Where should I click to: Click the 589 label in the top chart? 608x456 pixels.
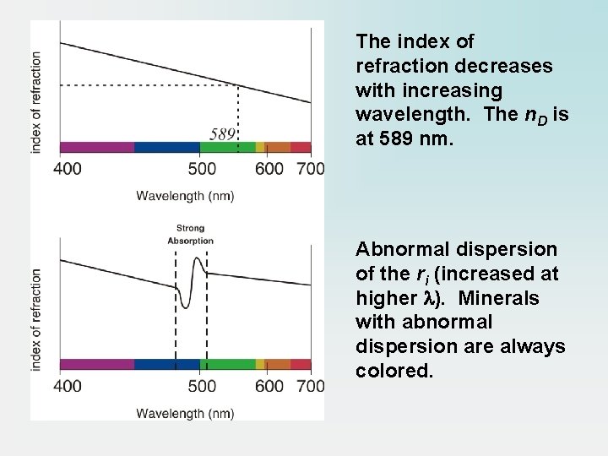[x=222, y=133]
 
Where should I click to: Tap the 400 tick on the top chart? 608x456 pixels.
[x=68, y=169]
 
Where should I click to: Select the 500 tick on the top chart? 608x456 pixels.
[x=202, y=169]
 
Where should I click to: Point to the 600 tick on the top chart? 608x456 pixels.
[x=269, y=169]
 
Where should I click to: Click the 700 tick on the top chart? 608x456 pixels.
[x=310, y=169]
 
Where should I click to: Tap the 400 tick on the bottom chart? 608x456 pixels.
[x=68, y=386]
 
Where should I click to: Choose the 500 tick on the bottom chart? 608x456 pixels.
[x=202, y=386]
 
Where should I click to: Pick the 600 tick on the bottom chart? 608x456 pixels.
[x=269, y=386]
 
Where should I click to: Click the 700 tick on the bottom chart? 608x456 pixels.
[x=310, y=386]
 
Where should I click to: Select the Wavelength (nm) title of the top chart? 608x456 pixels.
[x=185, y=196]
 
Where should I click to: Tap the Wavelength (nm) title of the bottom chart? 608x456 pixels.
[x=185, y=413]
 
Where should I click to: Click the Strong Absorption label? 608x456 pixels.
[x=190, y=234]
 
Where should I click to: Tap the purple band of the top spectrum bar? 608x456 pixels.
[x=96, y=147]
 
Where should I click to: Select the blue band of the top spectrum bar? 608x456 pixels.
[x=166, y=147]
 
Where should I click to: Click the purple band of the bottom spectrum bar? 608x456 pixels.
[x=96, y=364]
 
